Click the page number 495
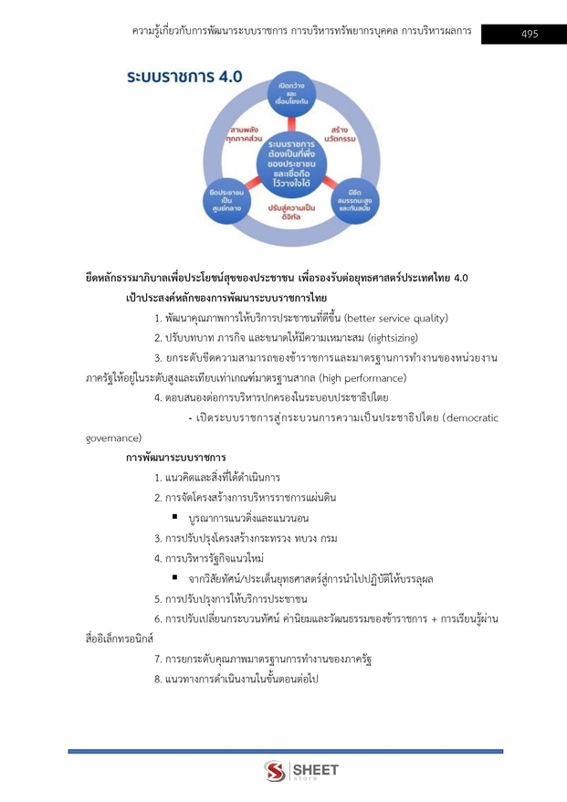[529, 34]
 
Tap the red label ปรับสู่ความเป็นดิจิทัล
[291, 213]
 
